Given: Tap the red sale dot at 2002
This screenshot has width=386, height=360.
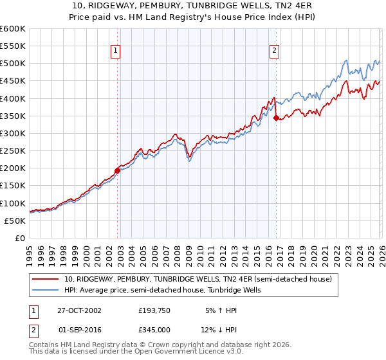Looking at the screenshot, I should (x=118, y=170).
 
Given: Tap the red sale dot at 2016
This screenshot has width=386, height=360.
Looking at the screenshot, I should (x=276, y=118).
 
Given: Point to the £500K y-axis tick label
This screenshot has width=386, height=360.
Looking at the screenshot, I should (x=13, y=64).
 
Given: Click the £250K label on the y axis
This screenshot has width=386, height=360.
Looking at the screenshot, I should (x=13, y=151).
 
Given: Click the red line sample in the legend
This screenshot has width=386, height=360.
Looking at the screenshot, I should (x=46, y=279).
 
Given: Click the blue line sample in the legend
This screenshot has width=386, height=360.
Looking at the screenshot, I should (x=46, y=290).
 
